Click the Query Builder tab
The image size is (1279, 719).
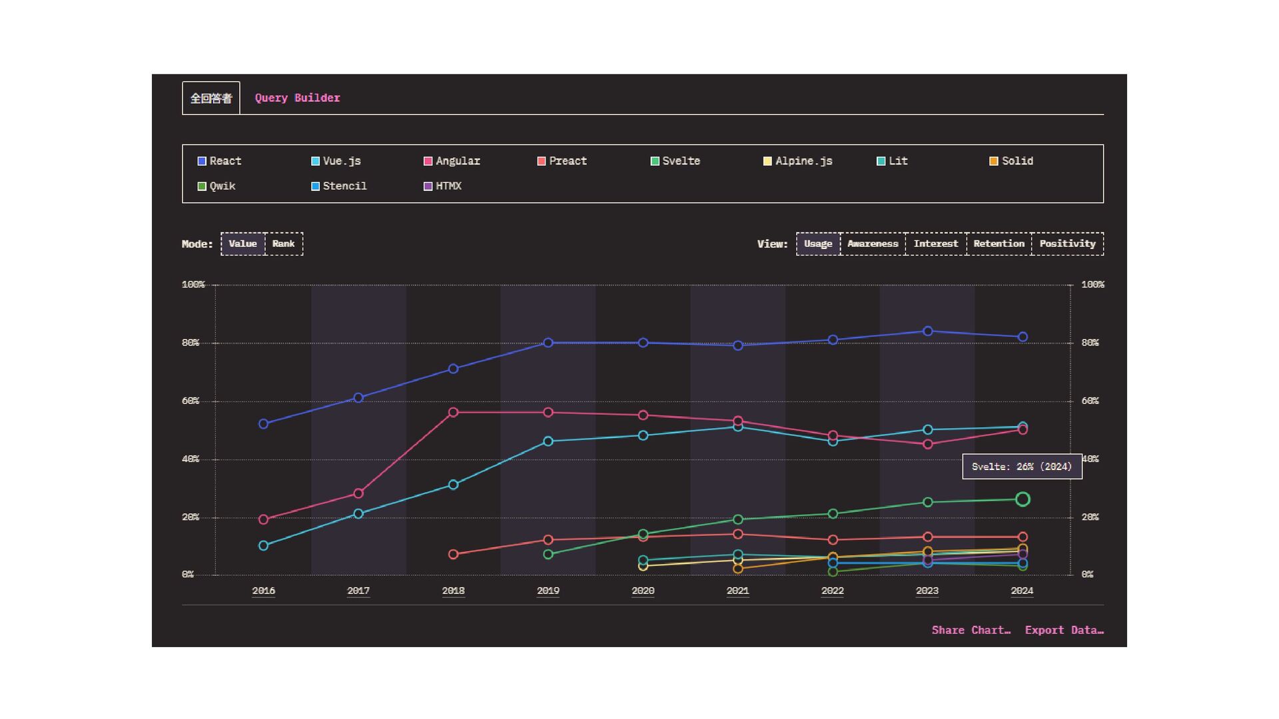297,98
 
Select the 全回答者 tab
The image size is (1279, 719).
211,98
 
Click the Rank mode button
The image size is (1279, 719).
283,244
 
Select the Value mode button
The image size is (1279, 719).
242,244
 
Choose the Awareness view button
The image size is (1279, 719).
873,244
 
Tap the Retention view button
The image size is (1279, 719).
999,244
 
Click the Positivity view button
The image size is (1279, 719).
1067,244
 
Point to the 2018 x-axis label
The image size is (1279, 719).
453,591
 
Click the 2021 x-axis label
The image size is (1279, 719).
737,591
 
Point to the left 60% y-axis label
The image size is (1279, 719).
191,401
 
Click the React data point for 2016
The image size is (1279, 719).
263,424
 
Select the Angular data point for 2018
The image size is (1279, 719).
453,413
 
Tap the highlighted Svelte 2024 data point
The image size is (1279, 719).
1023,499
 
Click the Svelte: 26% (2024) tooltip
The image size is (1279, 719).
1022,467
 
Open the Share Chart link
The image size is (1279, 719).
971,630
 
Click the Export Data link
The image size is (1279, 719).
1064,630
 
